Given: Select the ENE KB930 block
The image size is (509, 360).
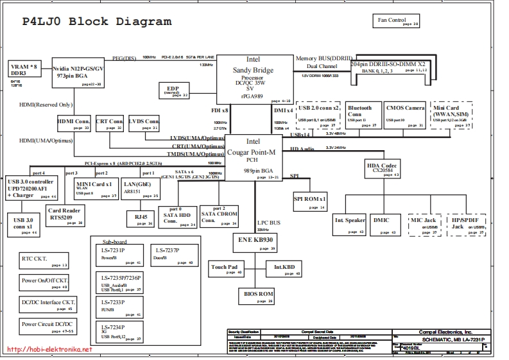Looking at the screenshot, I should click(255, 242).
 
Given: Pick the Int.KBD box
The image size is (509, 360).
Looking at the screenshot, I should click(284, 268).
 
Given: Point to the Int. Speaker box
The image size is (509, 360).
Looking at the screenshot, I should click(349, 223).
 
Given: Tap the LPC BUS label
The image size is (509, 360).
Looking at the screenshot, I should click(268, 222).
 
